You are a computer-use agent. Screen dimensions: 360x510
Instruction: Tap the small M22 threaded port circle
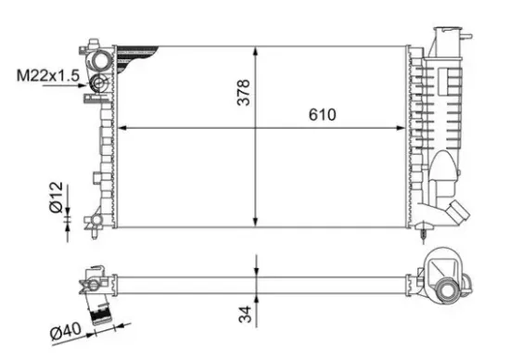101,85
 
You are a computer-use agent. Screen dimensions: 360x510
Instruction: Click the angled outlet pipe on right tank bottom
454,212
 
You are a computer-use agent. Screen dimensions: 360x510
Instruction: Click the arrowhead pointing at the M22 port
91,85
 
